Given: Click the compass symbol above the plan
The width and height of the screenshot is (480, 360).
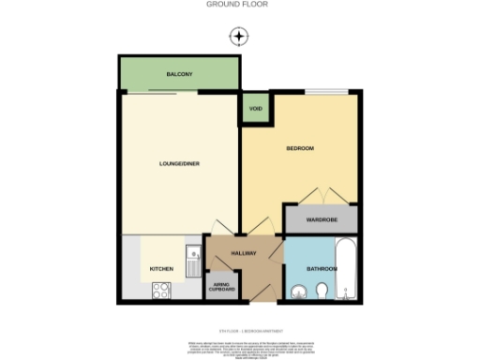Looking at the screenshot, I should tap(240, 37).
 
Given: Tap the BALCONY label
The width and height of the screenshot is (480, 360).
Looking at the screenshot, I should tap(179, 74).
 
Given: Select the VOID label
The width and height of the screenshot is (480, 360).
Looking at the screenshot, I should tap(254, 110).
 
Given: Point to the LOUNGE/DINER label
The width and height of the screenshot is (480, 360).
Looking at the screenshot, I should tap(179, 164).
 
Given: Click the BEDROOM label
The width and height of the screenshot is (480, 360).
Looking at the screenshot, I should tap(300, 149).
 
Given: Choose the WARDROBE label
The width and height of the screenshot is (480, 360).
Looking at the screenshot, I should tap(321, 220).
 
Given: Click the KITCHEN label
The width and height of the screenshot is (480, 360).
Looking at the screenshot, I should tap(161, 270).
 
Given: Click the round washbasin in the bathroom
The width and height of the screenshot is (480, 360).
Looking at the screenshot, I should tap(298, 292).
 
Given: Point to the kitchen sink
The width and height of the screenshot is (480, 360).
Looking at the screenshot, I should tap(192, 257).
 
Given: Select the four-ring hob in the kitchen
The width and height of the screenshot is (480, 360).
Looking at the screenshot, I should tap(160, 291).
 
